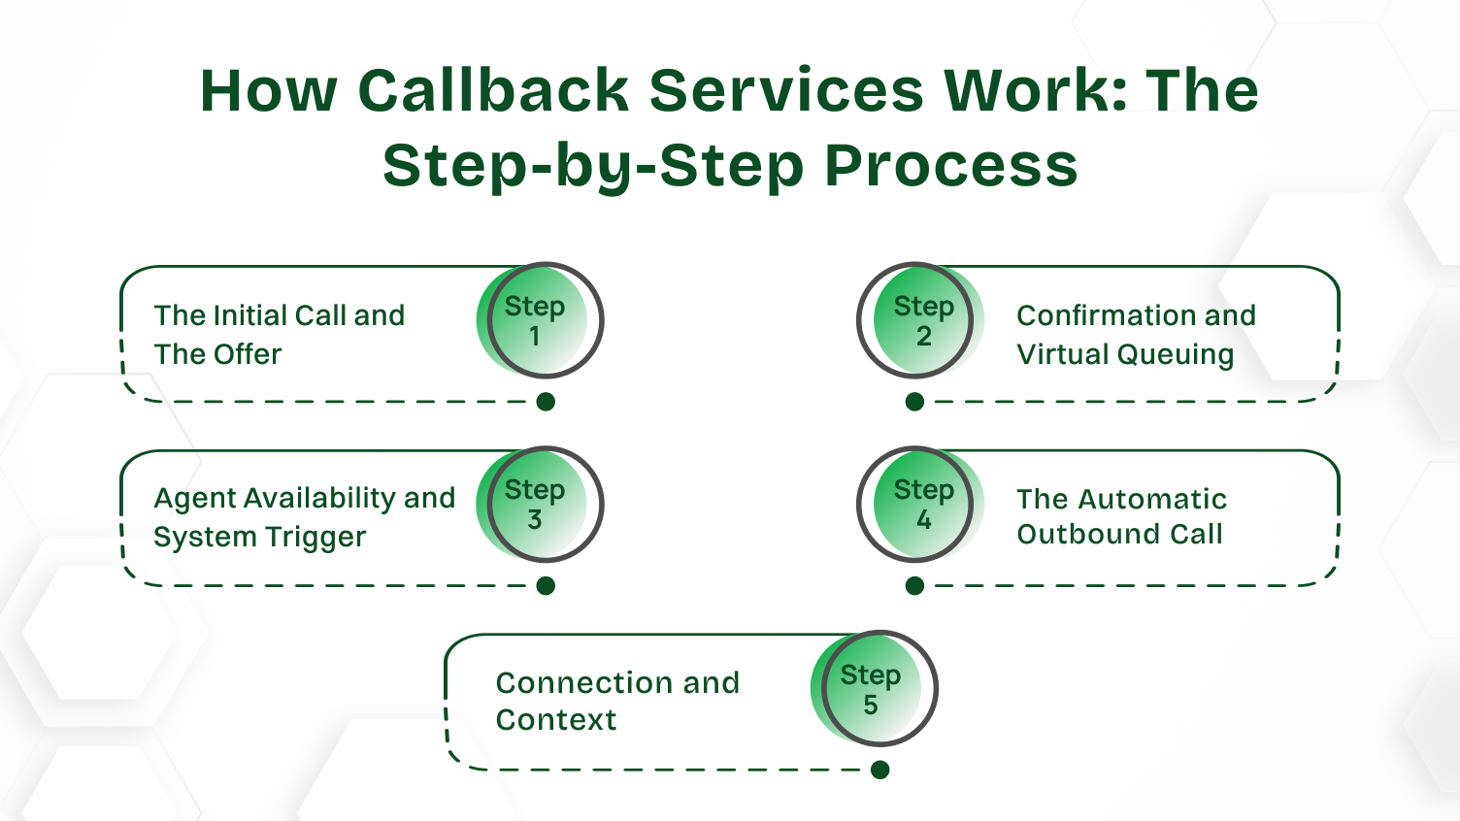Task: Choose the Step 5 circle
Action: [x=874, y=689]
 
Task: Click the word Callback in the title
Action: [x=493, y=90]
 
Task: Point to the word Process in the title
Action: [x=950, y=165]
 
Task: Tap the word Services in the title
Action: [x=786, y=90]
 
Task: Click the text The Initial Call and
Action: [x=279, y=315]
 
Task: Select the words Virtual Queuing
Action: [x=1125, y=354]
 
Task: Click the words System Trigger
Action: [x=259, y=537]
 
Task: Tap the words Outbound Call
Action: [x=1119, y=534]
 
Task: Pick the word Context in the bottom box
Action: [x=555, y=720]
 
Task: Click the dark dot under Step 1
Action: [x=546, y=402]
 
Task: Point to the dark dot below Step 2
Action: [x=914, y=402]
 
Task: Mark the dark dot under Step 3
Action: [x=546, y=585]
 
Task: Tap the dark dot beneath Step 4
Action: [x=914, y=585]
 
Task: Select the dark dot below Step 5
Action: [x=880, y=770]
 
